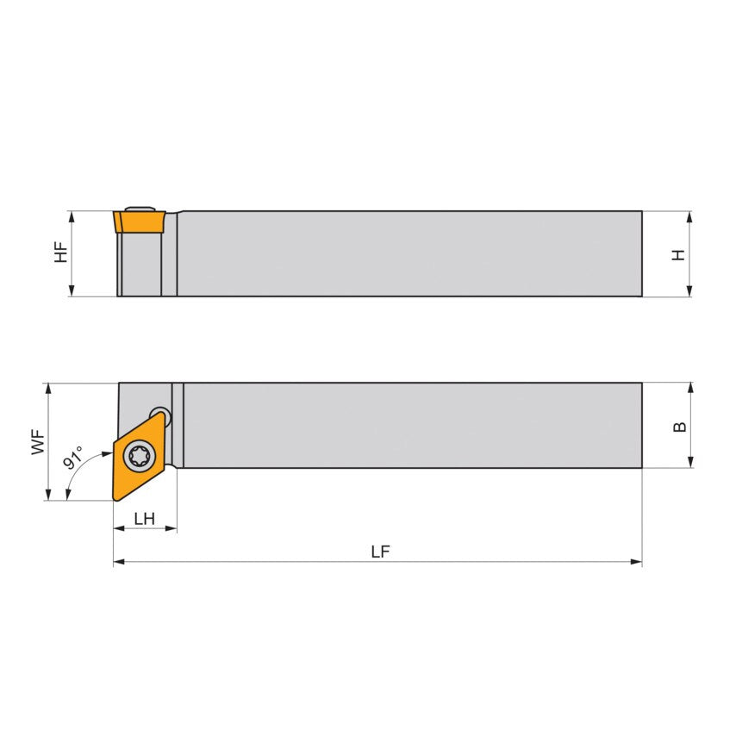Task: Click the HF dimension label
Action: pos(60,253)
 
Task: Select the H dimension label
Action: pos(680,254)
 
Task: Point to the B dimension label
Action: pos(680,427)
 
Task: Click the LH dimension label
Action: pos(144,518)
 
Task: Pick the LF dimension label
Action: pos(380,552)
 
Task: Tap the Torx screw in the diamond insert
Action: pos(138,455)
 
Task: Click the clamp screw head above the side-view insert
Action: pos(139,208)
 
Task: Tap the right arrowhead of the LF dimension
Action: pos(637,562)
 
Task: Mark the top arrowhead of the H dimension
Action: pos(690,216)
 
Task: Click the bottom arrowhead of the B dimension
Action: pos(690,463)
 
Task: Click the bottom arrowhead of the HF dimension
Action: pos(72,291)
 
